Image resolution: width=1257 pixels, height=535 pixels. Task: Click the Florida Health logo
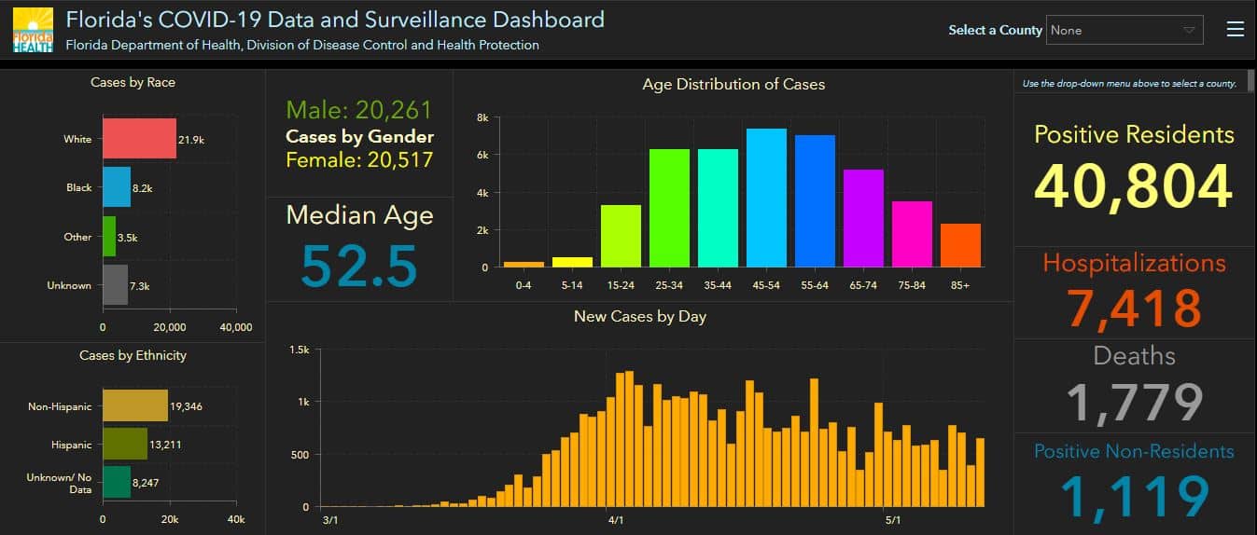point(33,30)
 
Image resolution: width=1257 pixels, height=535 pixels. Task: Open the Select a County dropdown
point(1124,30)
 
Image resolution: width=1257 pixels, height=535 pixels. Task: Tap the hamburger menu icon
point(1236,29)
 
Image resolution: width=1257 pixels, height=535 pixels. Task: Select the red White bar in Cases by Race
point(139,138)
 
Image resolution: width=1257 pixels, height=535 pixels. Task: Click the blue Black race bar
point(117,187)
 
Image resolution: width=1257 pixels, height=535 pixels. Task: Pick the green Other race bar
point(109,237)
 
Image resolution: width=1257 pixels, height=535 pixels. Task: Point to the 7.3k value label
point(140,286)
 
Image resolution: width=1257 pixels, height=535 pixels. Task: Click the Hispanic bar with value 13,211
point(125,444)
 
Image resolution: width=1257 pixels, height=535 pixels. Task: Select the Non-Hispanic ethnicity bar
point(135,405)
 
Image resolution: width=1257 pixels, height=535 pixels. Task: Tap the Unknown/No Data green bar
point(117,483)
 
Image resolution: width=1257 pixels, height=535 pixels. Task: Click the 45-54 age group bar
point(766,198)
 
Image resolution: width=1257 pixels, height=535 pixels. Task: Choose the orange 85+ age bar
point(960,245)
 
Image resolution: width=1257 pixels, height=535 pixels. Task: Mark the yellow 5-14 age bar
point(572,262)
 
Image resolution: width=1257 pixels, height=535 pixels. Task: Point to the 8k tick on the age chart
point(482,117)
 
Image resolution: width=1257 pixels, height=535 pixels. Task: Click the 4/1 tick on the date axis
point(616,520)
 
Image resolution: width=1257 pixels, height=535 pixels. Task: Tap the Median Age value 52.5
point(359,266)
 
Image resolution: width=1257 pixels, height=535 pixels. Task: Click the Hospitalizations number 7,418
point(1134,308)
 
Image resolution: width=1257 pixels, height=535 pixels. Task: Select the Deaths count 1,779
point(1134,403)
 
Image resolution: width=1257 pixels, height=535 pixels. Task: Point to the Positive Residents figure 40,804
point(1134,186)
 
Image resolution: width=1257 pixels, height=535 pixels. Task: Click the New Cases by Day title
point(640,317)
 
